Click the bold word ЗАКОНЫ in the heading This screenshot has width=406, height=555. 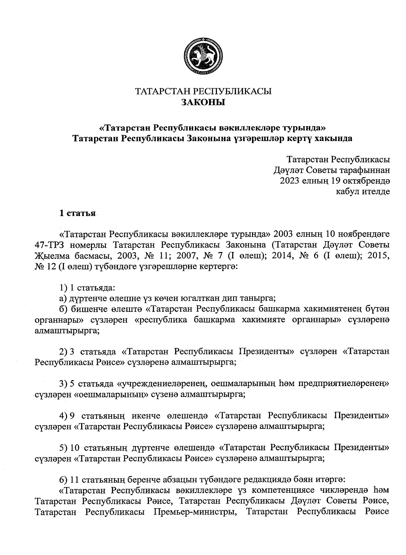coord(203,102)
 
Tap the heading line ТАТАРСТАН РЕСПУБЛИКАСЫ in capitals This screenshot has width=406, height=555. coord(203,91)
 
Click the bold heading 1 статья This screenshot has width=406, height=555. coord(77,213)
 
